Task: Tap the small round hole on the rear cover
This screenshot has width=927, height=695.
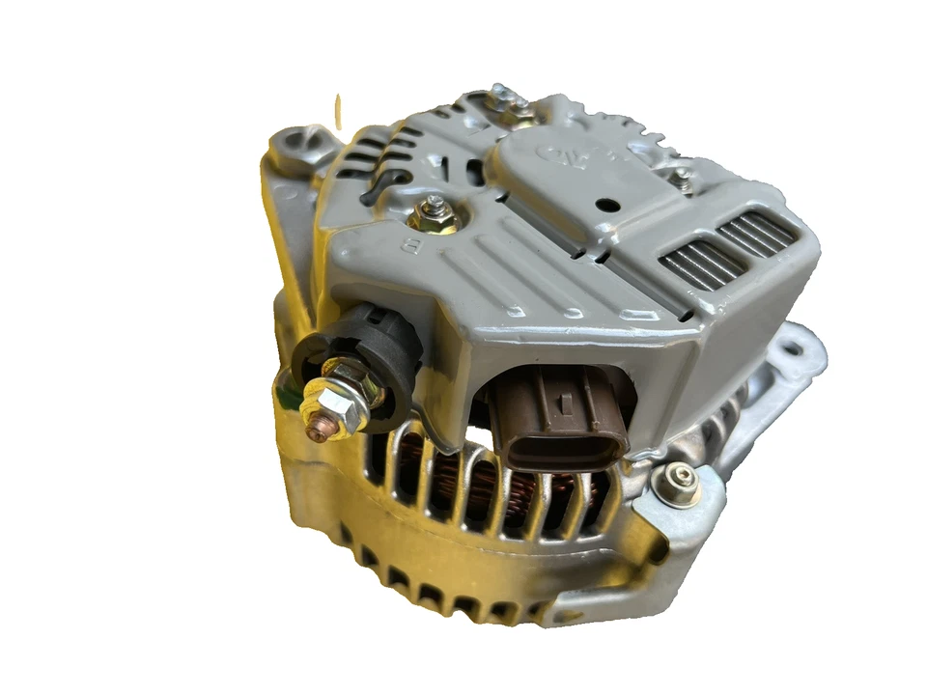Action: pos(607,205)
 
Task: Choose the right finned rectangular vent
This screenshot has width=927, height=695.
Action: pos(759,234)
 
